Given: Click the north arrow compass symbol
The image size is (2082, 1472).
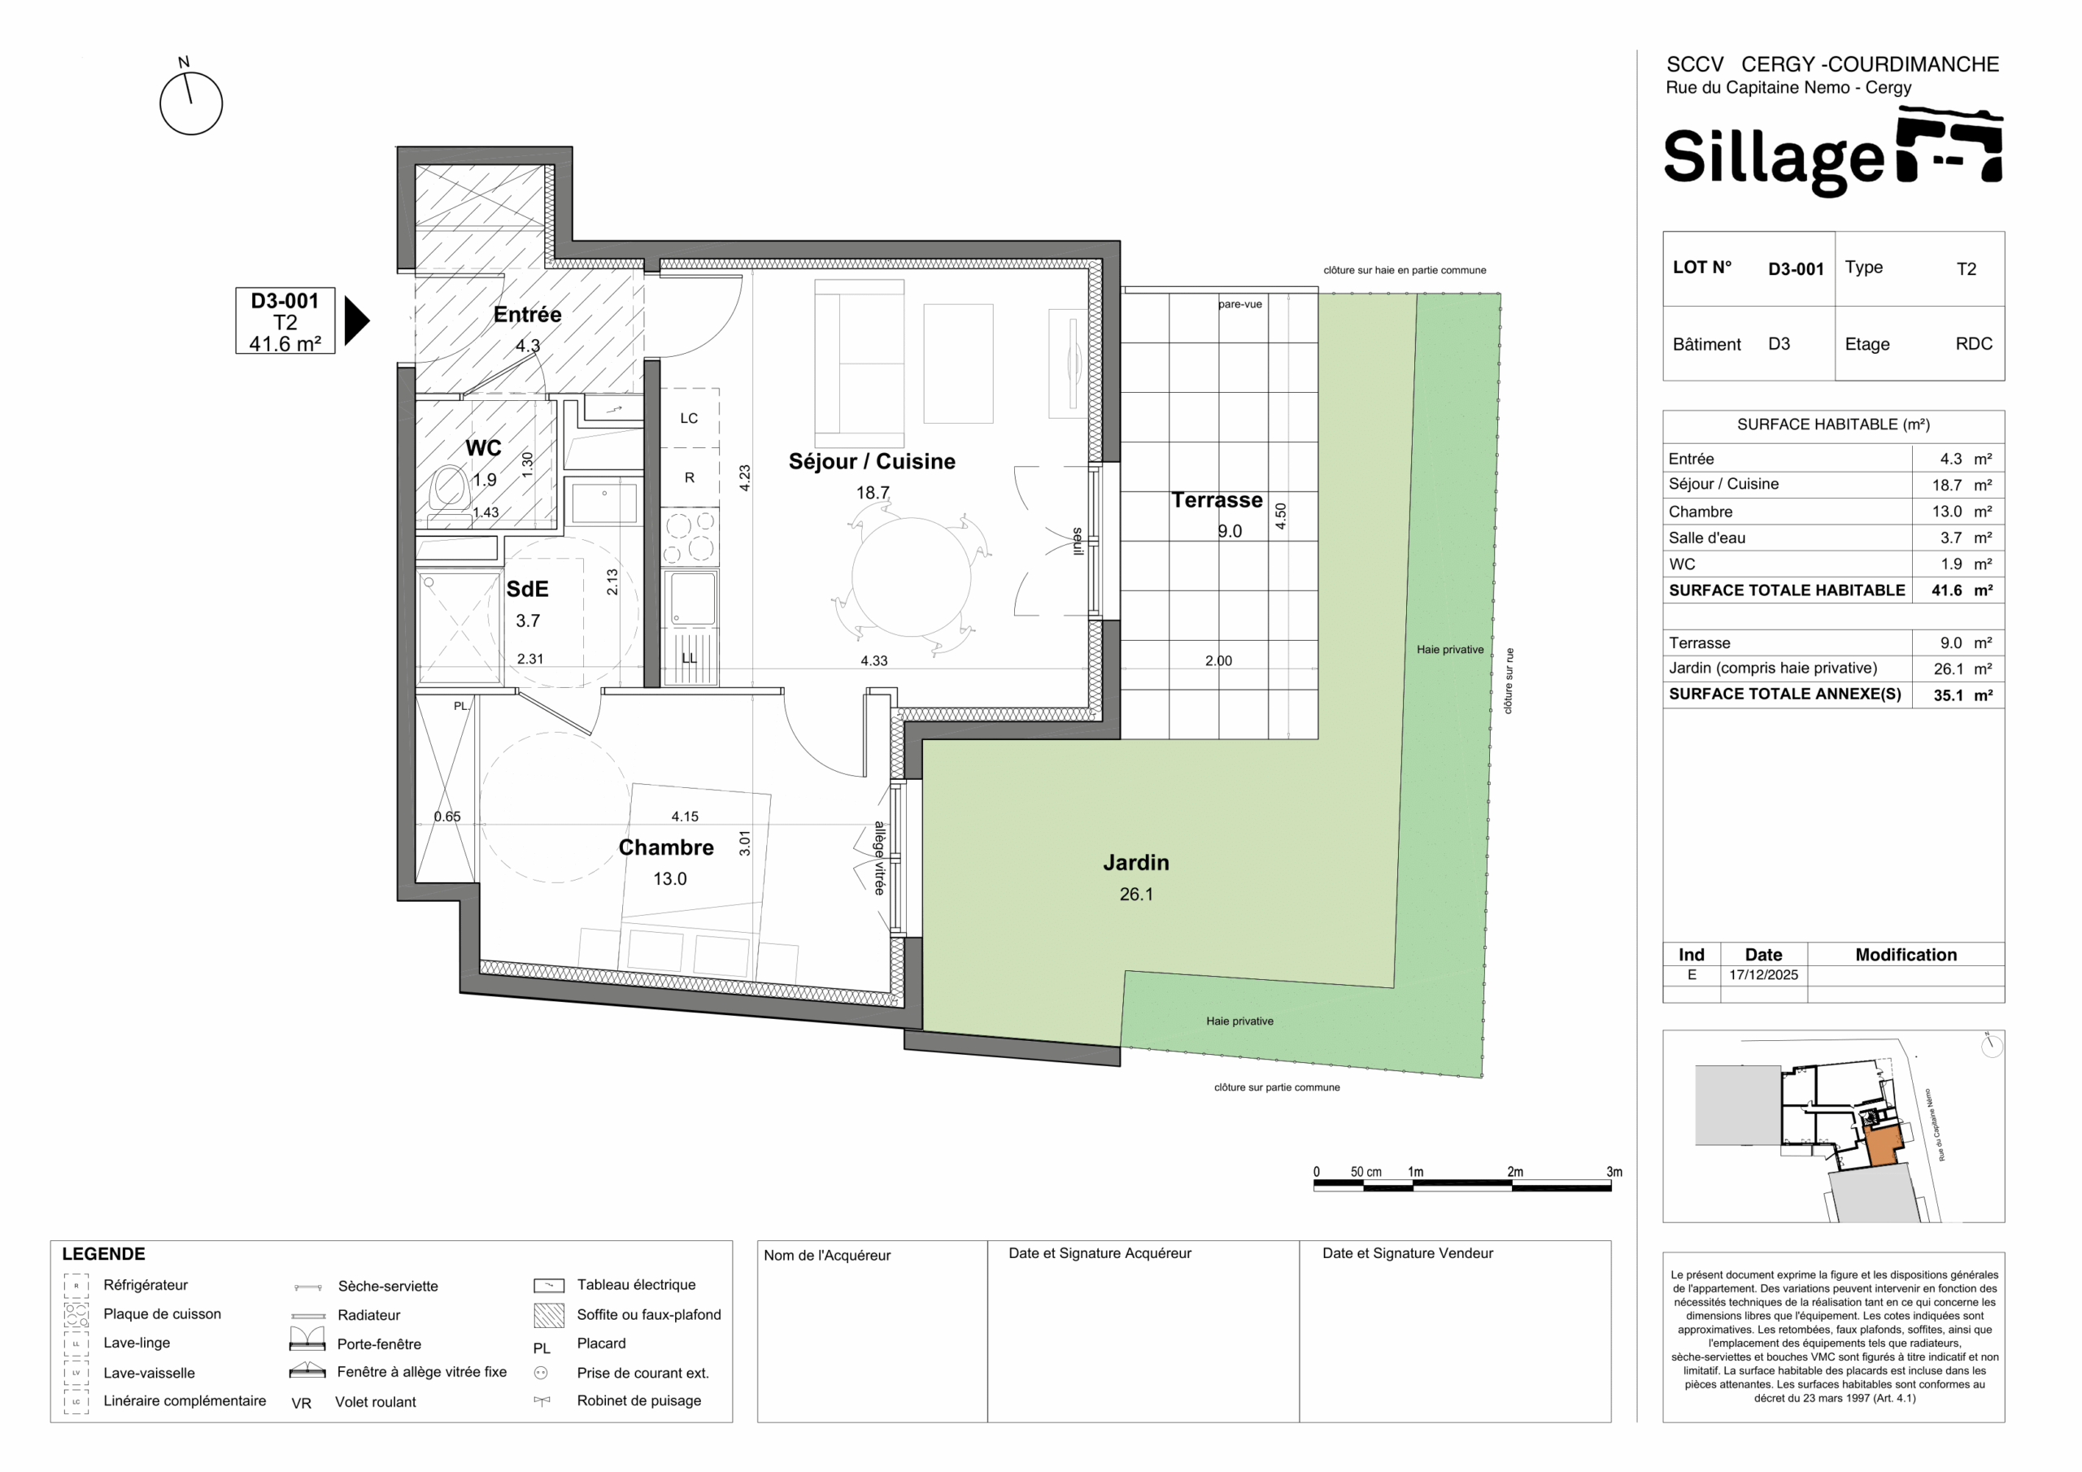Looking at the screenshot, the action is click(190, 102).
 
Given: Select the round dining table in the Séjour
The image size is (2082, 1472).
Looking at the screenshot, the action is click(912, 576).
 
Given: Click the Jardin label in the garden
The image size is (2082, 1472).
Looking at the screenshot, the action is click(1135, 863).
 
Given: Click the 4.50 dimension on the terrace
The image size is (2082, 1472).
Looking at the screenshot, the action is click(1280, 516).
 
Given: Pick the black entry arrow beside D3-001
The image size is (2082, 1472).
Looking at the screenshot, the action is click(357, 321).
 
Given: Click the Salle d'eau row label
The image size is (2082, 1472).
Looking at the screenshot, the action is click(1706, 538).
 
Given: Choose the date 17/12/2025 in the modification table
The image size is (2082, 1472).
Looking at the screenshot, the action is click(1763, 975).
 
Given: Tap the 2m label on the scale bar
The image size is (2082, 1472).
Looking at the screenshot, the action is click(1514, 1172).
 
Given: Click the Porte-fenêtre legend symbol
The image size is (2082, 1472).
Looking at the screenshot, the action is click(307, 1339).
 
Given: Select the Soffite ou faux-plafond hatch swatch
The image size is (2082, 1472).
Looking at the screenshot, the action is click(549, 1315).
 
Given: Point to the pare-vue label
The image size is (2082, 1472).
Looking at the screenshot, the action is click(1239, 304).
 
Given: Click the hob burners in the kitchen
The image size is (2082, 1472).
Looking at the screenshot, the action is click(690, 537).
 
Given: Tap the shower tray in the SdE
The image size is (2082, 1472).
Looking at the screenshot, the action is click(460, 627).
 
